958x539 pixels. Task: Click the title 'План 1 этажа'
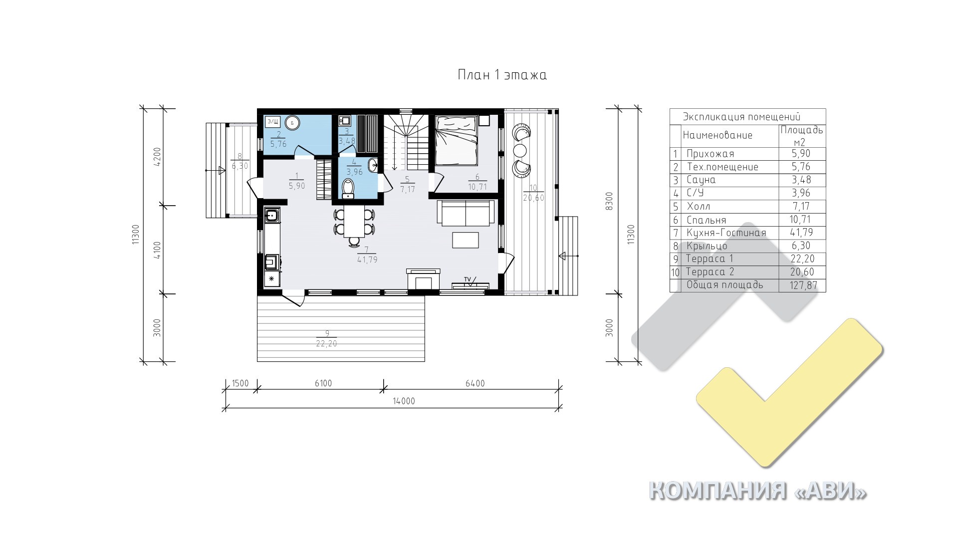(502, 75)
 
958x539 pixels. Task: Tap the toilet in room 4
(348, 189)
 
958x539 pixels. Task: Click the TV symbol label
(468, 279)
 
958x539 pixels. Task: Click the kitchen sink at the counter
(271, 216)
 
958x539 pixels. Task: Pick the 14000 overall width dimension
(404, 401)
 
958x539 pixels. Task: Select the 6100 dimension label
(323, 383)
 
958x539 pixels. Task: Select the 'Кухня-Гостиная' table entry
(726, 233)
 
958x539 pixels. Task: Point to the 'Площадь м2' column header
(802, 136)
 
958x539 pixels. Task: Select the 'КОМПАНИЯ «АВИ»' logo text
(757, 491)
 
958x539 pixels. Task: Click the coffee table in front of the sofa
(466, 240)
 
